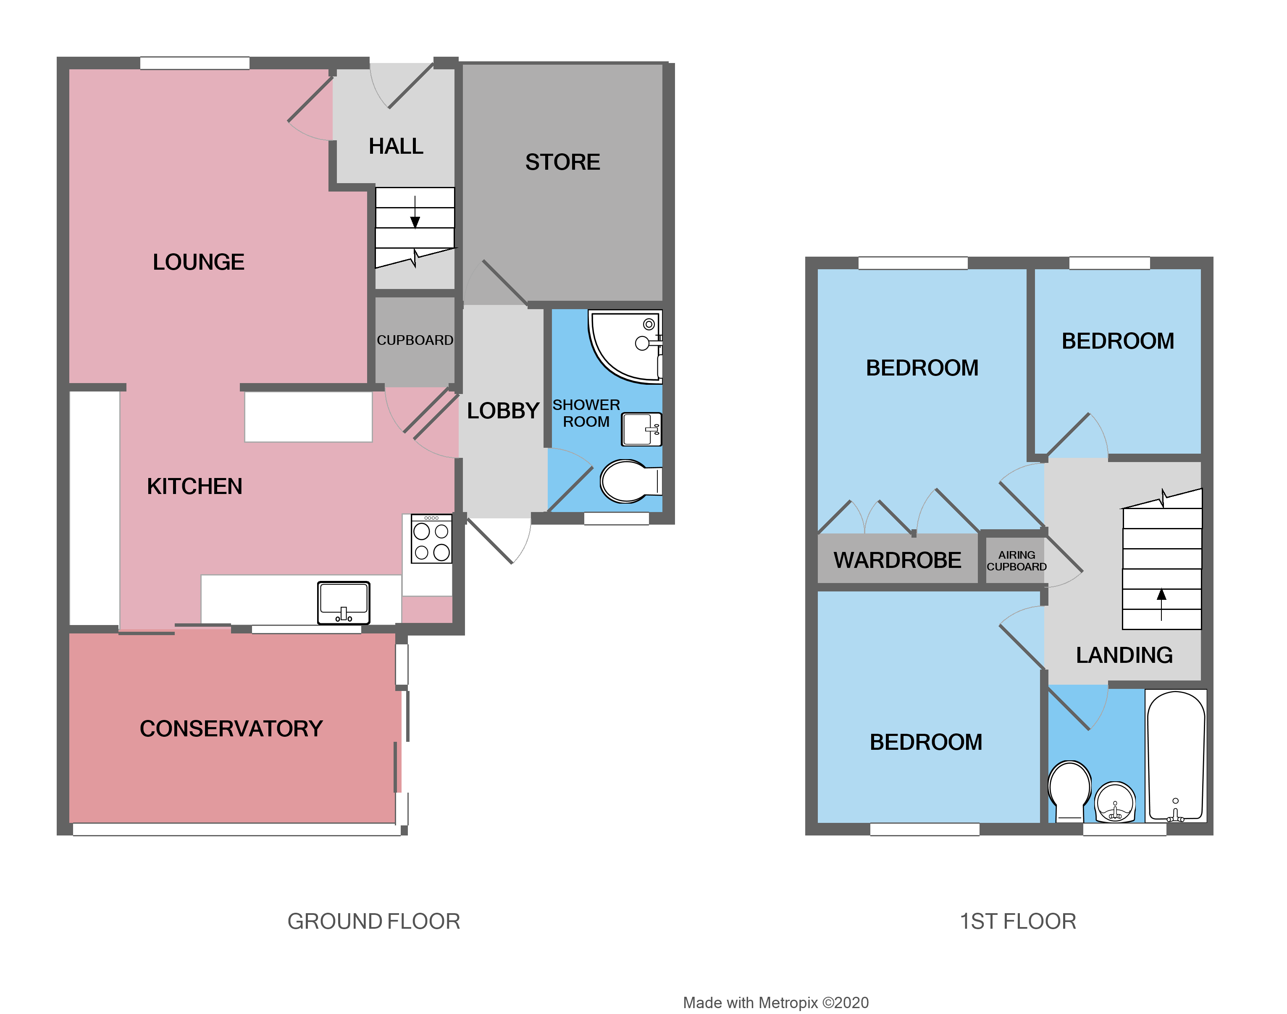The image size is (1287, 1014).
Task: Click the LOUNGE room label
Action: pyautogui.click(x=198, y=262)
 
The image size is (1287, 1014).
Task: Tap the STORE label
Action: pyautogui.click(x=562, y=162)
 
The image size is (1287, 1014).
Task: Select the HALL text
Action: pyautogui.click(x=396, y=146)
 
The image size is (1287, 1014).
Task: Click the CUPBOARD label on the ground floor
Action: pyautogui.click(x=415, y=340)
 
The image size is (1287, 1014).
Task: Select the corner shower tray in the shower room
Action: pyautogui.click(x=623, y=344)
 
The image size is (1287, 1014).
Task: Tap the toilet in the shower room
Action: pyautogui.click(x=628, y=481)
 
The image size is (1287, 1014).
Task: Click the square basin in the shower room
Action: pyautogui.click(x=641, y=428)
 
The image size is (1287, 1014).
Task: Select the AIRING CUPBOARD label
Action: pyautogui.click(x=1016, y=560)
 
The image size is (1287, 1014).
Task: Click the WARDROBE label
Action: pyautogui.click(x=897, y=560)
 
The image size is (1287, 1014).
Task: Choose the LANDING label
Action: pyautogui.click(x=1124, y=655)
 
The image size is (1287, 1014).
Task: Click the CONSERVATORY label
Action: pyautogui.click(x=231, y=728)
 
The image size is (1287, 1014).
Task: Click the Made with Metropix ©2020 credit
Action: pyautogui.click(x=775, y=1003)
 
